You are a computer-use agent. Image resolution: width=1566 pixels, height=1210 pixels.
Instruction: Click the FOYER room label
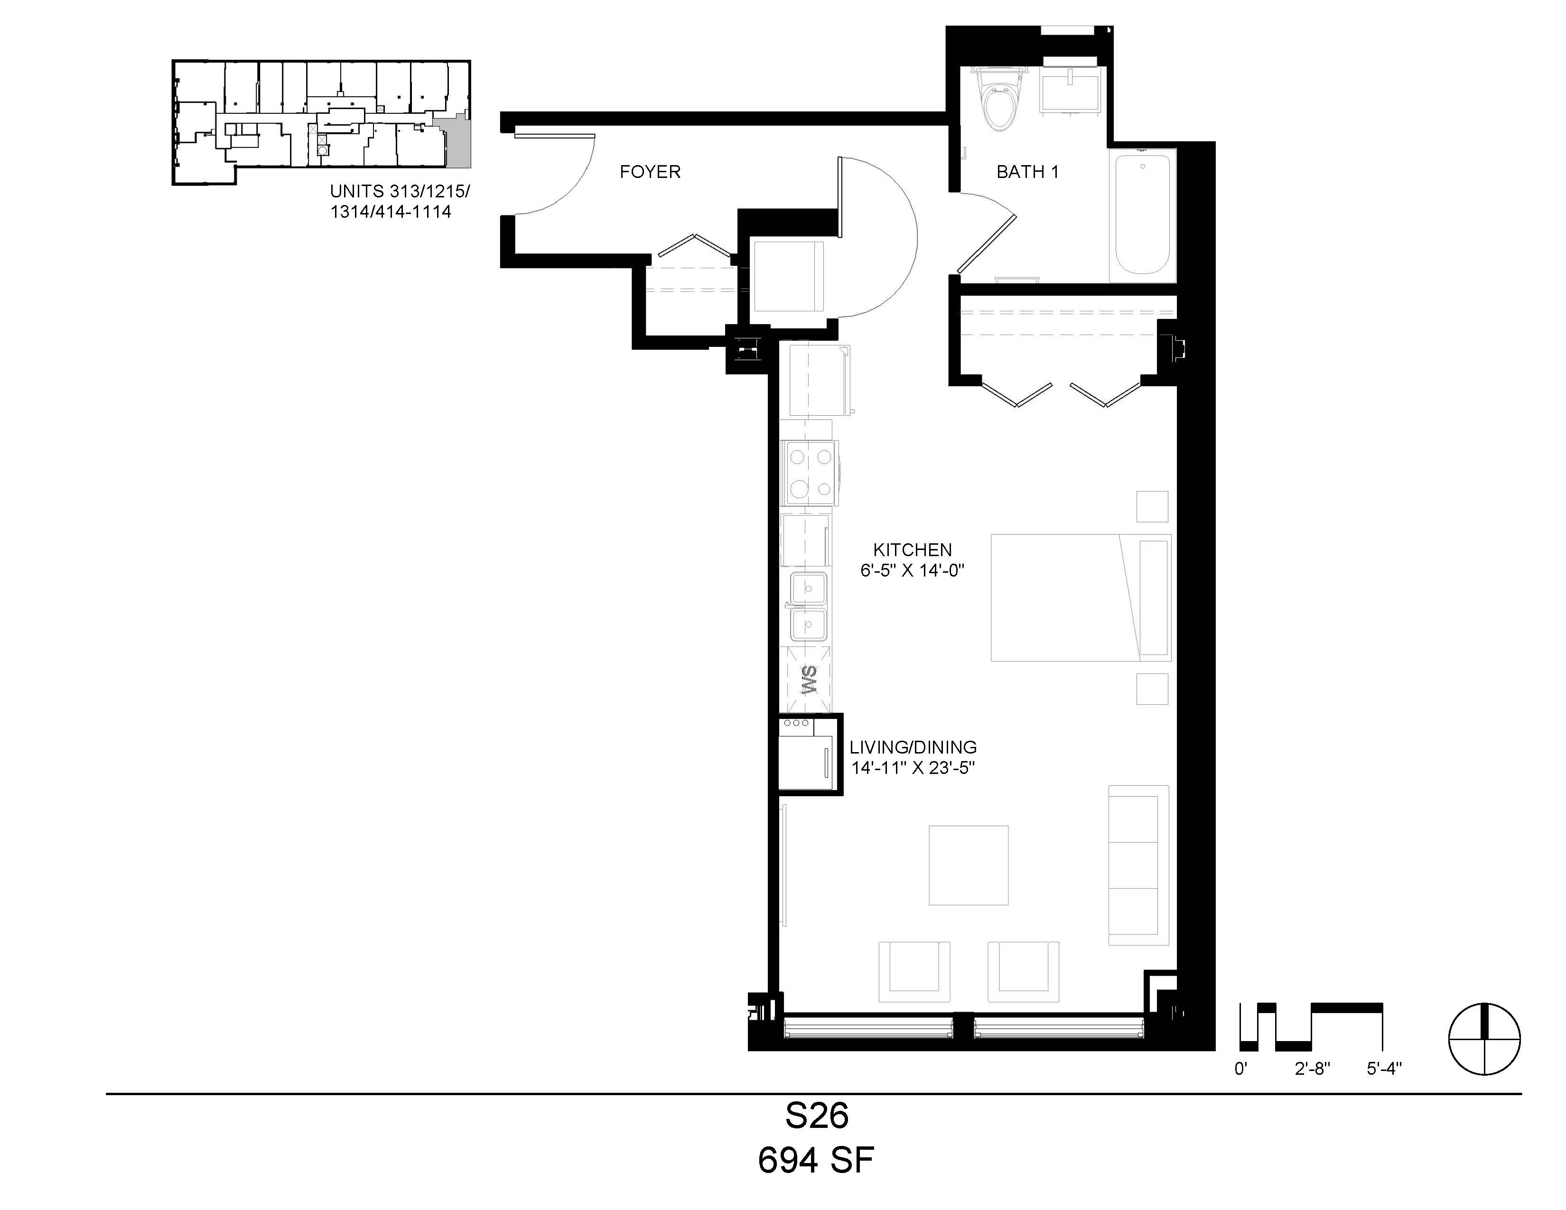pyautogui.click(x=650, y=172)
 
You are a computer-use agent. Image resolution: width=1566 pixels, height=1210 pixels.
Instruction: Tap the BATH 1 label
pyautogui.click(x=1027, y=172)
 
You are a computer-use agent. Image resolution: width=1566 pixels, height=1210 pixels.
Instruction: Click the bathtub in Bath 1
pyautogui.click(x=1142, y=215)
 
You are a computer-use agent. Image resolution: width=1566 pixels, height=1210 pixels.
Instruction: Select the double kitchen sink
pyautogui.click(x=809, y=606)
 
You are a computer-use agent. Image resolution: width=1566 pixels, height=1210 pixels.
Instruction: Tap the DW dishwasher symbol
pyautogui.click(x=807, y=679)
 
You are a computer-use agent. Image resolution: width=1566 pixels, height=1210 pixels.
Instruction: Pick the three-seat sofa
pyautogui.click(x=1138, y=865)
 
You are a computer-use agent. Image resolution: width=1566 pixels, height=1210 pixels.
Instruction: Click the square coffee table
pyautogui.click(x=968, y=865)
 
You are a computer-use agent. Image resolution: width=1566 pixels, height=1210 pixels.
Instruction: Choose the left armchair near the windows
pyautogui.click(x=914, y=971)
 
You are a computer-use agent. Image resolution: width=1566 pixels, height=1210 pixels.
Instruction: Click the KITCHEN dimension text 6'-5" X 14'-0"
pyautogui.click(x=912, y=570)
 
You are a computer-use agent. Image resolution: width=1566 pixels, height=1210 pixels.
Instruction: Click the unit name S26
pyautogui.click(x=817, y=1116)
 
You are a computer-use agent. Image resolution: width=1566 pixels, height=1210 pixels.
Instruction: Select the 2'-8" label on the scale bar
pyautogui.click(x=1312, y=1069)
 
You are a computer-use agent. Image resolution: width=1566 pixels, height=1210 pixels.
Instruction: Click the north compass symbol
pyautogui.click(x=1484, y=1039)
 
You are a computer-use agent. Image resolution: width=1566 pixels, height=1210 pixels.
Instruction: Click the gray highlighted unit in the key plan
pyautogui.click(x=457, y=143)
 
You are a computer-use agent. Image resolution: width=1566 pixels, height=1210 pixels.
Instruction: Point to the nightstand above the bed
pyautogui.click(x=1152, y=507)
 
